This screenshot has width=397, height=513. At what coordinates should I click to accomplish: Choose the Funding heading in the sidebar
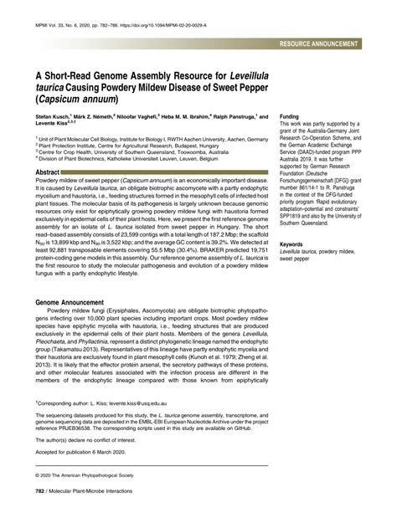pyautogui.click(x=291, y=116)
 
